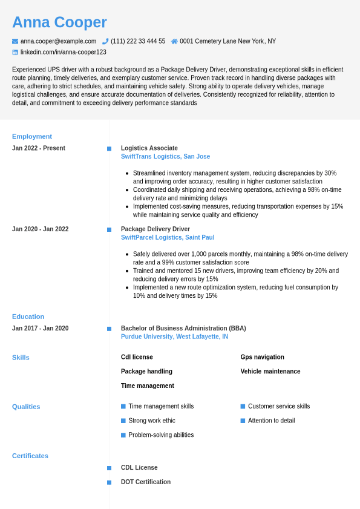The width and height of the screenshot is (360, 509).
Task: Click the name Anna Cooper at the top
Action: coord(59,22)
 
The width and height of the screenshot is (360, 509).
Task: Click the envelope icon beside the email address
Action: coord(15,41)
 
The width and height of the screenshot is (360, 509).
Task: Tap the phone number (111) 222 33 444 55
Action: coord(138,41)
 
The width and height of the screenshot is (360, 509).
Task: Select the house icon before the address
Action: coord(174,41)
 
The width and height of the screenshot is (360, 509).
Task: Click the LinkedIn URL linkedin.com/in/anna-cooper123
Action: coord(63,52)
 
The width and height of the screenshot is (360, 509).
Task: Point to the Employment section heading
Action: coord(32,136)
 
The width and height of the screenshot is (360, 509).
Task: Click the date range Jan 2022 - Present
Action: coord(39,148)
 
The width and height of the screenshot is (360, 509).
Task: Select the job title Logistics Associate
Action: coord(149,148)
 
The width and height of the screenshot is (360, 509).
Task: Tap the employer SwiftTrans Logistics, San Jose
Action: coord(165,156)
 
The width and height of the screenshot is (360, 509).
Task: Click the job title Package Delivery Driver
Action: coord(155,229)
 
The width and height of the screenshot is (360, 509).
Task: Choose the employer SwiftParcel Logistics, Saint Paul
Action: coord(168,237)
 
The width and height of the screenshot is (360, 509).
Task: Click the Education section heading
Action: coord(28,317)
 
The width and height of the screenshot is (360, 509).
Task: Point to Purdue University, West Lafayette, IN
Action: coord(174,337)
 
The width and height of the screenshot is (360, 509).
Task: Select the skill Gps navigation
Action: coord(262,357)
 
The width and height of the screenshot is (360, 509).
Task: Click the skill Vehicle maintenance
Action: coord(270,372)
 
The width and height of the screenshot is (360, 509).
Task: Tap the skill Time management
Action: coord(147,386)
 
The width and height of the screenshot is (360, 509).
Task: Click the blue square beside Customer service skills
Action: coord(243,406)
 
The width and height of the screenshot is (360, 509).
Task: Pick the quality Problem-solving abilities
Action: coord(161,435)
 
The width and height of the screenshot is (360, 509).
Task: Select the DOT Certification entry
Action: coord(145,482)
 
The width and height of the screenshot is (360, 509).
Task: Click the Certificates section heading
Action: coord(30,456)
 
